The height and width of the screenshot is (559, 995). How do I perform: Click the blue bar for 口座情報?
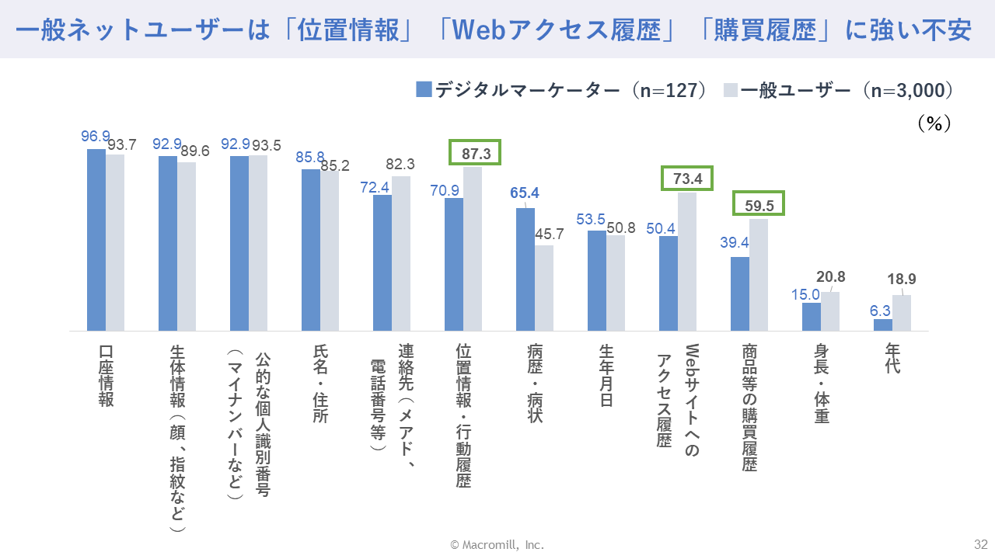(96, 240)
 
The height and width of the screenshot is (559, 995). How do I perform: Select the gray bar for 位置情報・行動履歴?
(473, 249)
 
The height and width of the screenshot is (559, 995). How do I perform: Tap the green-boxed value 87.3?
(476, 153)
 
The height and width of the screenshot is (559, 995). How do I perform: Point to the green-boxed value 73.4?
(687, 179)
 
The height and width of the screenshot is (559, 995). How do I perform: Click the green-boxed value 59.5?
(759, 204)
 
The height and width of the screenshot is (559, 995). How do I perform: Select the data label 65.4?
(525, 193)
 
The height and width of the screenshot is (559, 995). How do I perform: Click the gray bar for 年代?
(902, 313)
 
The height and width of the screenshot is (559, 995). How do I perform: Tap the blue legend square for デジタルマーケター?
(424, 89)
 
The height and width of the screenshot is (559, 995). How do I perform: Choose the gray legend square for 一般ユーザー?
(730, 89)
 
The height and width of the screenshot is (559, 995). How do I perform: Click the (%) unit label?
(933, 124)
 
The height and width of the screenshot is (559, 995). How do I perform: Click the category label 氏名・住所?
(320, 384)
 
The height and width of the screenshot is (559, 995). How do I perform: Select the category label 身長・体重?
(822, 384)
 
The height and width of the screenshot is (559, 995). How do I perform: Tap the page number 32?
(980, 543)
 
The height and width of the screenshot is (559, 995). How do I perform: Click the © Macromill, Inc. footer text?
(497, 545)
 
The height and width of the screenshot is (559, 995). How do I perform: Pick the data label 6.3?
(880, 311)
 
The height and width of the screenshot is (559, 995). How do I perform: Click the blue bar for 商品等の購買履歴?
(740, 293)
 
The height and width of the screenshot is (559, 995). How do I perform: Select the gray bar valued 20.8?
(830, 311)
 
